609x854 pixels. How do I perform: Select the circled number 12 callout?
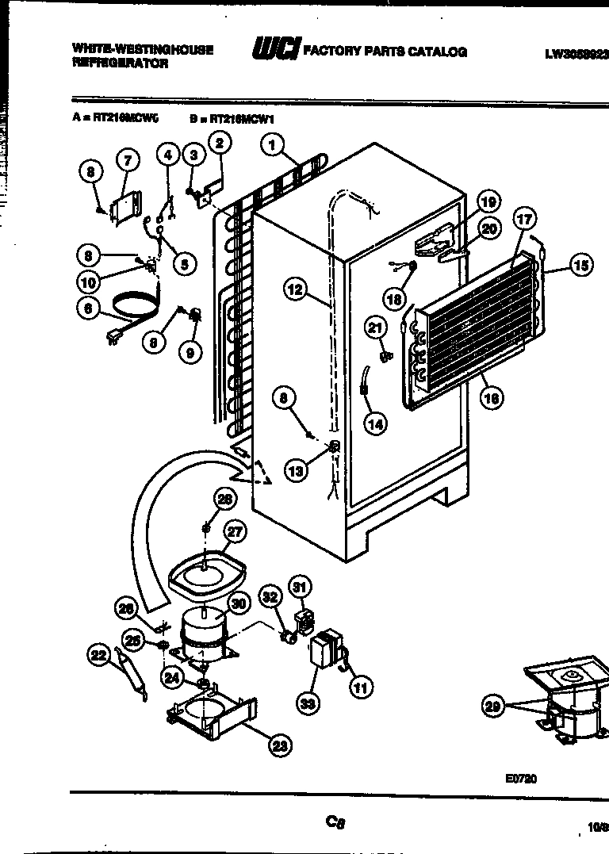(295, 289)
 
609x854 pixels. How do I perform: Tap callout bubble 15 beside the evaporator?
(581, 265)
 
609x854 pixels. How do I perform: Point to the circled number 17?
(524, 219)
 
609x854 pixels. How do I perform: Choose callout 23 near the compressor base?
(279, 745)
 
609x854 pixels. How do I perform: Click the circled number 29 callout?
(494, 707)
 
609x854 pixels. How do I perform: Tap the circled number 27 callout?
(236, 532)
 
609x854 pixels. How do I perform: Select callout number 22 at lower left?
(98, 654)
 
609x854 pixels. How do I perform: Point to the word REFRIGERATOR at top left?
(120, 63)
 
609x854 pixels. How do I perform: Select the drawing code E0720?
(520, 779)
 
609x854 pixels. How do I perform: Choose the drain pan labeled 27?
(205, 575)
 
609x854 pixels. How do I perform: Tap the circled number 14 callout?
(376, 424)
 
